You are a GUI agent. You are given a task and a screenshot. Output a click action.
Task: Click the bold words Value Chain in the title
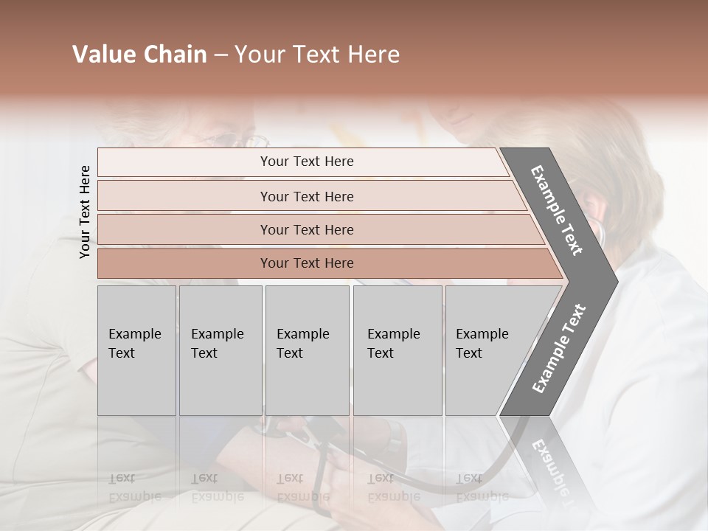(x=139, y=55)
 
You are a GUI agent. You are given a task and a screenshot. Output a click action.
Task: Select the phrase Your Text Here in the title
(x=317, y=55)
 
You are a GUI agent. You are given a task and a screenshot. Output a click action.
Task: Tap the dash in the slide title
(x=221, y=55)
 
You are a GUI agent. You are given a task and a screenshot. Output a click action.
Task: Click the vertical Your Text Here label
(x=85, y=212)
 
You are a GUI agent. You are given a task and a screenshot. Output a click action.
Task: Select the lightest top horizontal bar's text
(x=307, y=162)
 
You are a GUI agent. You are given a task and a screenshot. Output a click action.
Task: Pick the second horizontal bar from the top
(x=307, y=196)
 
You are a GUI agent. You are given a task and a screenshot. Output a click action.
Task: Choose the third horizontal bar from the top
(x=307, y=229)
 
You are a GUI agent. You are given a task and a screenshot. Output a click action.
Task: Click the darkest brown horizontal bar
(x=307, y=263)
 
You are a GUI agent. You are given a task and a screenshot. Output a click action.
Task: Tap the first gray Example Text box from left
(x=136, y=350)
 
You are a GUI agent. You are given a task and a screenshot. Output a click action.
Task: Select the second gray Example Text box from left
(x=221, y=350)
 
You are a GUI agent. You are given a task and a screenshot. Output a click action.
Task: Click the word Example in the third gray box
(x=302, y=334)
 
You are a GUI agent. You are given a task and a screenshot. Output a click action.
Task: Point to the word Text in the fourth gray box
(x=381, y=353)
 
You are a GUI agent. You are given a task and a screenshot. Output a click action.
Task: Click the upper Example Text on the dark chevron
(x=557, y=210)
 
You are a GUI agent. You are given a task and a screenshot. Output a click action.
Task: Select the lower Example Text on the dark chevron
(x=559, y=349)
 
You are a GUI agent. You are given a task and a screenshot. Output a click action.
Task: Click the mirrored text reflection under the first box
(x=134, y=487)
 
